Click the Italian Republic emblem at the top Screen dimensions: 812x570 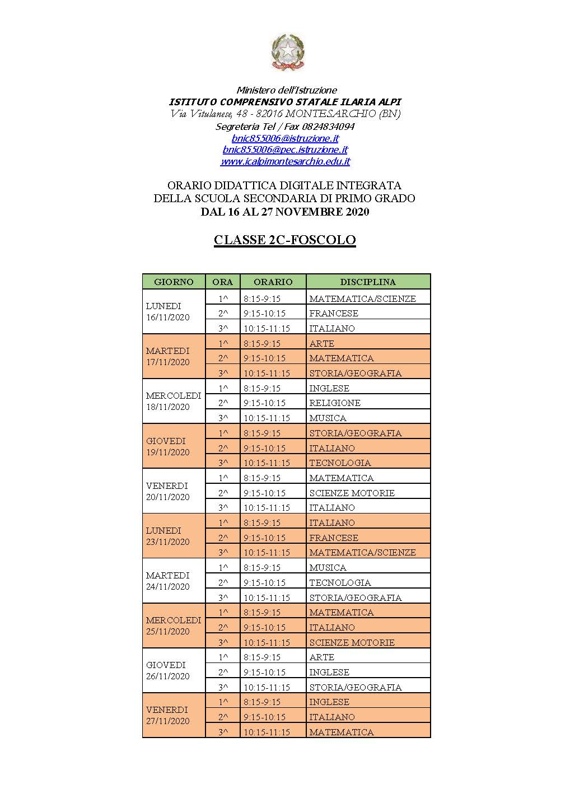coord(288,52)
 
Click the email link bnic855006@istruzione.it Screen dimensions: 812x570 coord(285,138)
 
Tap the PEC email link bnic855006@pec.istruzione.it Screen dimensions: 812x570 coord(285,150)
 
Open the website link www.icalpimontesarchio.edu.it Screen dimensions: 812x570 coord(285,161)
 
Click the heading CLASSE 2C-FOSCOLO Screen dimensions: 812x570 coord(284,240)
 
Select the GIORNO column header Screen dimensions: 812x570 coord(174,282)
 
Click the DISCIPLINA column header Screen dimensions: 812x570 coord(368,282)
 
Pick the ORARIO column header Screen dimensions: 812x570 coord(273,282)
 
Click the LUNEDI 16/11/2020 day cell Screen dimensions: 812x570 coord(167,312)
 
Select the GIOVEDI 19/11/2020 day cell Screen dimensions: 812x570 coord(167,446)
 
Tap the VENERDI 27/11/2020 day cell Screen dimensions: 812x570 coord(167,715)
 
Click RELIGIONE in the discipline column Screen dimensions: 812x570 coord(335,403)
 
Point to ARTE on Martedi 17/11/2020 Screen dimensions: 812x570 coord(321,343)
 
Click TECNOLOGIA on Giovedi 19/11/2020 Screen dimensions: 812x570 coord(340,463)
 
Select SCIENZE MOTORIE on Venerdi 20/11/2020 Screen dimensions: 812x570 coord(352,493)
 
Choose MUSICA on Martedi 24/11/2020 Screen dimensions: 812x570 coord(328,567)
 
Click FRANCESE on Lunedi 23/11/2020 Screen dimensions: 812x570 coord(334,538)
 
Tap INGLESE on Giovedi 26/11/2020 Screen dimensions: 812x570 coord(329,672)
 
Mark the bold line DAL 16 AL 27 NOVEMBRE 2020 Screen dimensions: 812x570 coord(284,212)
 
